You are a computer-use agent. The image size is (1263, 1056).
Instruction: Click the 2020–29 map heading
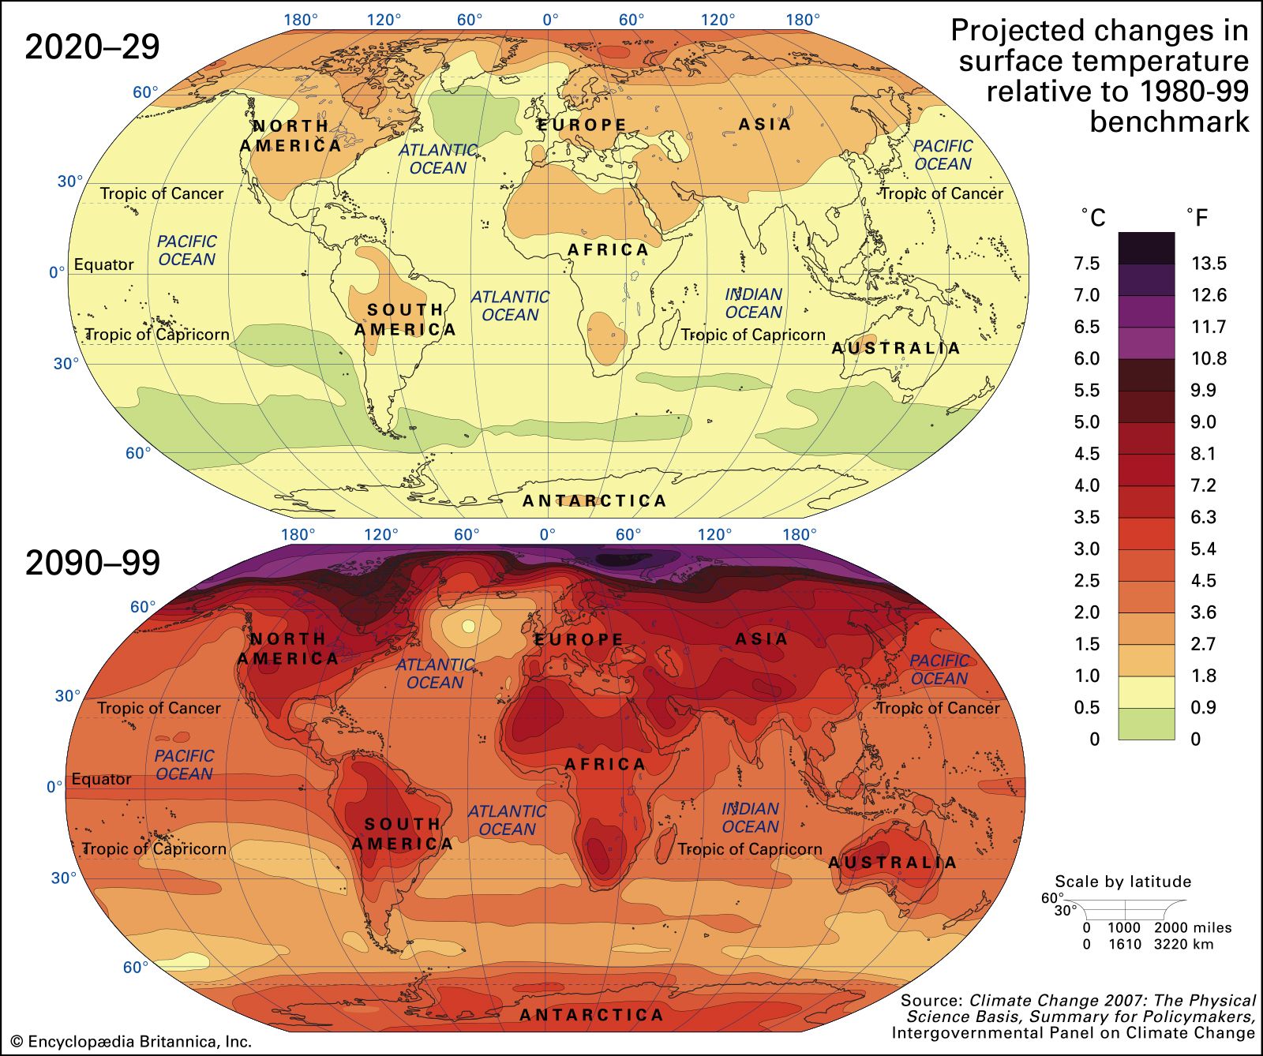pyautogui.click(x=92, y=47)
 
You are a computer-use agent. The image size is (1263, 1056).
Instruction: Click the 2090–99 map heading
pyautogui.click(x=92, y=563)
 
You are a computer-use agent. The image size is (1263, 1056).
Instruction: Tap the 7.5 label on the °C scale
pyautogui.click(x=1086, y=264)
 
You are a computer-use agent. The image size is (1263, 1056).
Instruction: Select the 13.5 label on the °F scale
pyautogui.click(x=1209, y=264)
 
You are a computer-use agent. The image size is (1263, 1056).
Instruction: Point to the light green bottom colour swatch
pyautogui.click(x=1146, y=724)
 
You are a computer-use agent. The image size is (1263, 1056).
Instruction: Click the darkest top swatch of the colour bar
pyautogui.click(x=1146, y=247)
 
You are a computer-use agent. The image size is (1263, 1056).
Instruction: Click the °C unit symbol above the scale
pyautogui.click(x=1093, y=218)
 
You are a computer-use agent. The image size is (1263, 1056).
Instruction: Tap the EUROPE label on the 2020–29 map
pyautogui.click(x=583, y=125)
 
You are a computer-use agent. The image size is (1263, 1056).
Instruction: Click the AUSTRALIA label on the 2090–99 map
pyautogui.click(x=893, y=863)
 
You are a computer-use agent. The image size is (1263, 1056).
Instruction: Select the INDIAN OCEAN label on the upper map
pyautogui.click(x=753, y=303)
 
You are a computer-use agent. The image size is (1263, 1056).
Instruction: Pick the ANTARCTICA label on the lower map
pyautogui.click(x=592, y=1015)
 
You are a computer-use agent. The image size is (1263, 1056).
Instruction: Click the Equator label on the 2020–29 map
pyautogui.click(x=103, y=264)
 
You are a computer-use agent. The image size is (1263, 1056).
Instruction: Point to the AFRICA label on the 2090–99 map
pyautogui.click(x=605, y=764)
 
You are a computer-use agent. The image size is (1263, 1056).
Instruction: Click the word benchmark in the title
pyautogui.click(x=1169, y=122)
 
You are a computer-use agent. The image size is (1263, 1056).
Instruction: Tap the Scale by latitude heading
pyautogui.click(x=1122, y=882)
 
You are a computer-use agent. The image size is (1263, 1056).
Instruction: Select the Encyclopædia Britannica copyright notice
pyautogui.click(x=130, y=1042)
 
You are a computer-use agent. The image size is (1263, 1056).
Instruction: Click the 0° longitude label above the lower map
pyautogui.click(x=547, y=534)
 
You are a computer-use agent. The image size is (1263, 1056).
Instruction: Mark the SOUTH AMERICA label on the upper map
pyautogui.click(x=405, y=320)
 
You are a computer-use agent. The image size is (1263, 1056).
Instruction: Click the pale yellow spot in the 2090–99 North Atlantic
pyautogui.click(x=468, y=626)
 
